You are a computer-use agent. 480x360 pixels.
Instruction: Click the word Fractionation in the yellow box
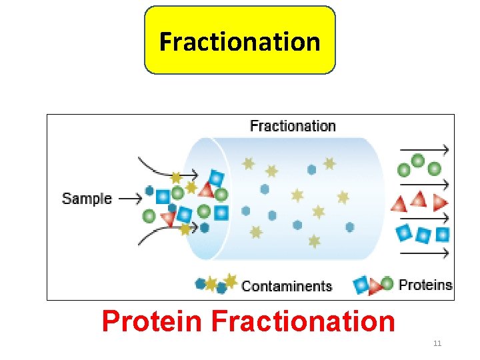[x=240, y=41]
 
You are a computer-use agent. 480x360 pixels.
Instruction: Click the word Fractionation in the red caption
[x=303, y=321]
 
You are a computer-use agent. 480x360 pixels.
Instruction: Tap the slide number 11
[x=437, y=344]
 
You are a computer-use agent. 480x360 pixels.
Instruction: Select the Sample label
[x=87, y=198]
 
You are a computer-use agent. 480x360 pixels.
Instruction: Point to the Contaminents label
[x=287, y=286]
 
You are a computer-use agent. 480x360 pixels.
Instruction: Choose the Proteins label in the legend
[x=425, y=285]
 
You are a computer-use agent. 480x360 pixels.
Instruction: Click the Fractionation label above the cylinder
[x=293, y=126]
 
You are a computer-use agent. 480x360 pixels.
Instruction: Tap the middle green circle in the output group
[x=418, y=161]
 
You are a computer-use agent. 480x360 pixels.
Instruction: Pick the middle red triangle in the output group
[x=419, y=199]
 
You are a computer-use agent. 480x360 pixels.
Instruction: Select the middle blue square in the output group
[x=423, y=235]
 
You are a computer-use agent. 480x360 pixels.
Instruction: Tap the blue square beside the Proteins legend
[x=361, y=285]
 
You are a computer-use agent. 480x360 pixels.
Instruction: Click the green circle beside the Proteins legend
[x=387, y=283]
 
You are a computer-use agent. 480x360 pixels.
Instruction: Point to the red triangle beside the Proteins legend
[x=375, y=286]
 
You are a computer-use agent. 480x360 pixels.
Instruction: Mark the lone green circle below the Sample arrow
[x=149, y=216]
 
